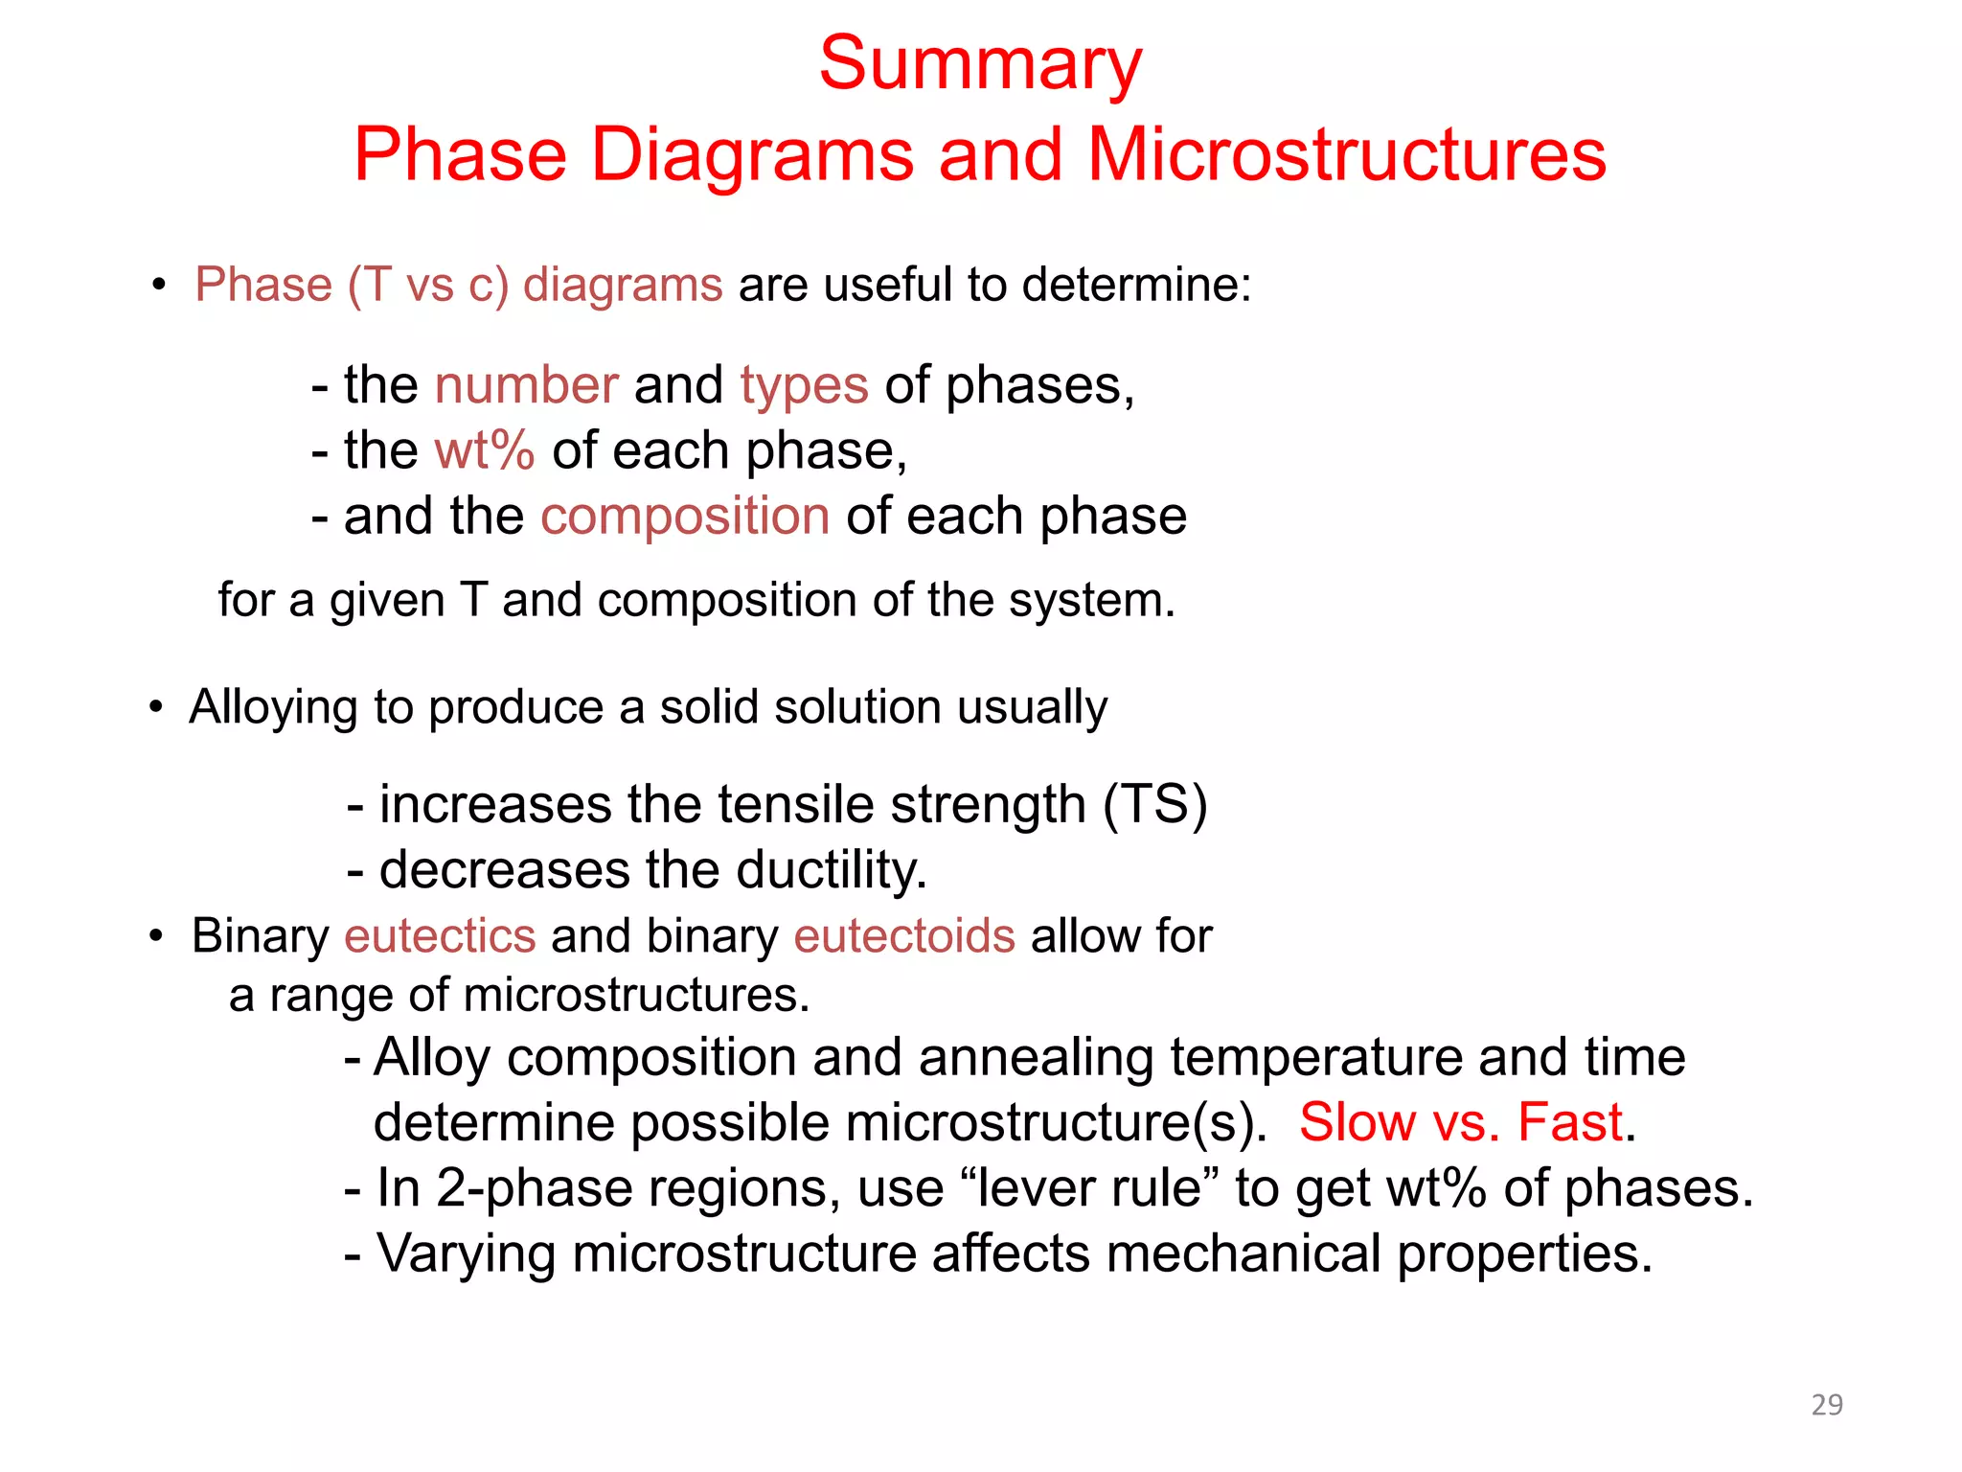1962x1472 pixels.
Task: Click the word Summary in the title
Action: tap(980, 64)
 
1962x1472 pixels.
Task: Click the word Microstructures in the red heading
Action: tap(1347, 155)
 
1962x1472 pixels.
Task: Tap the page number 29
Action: tap(1827, 1404)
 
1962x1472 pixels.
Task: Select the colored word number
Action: tap(526, 385)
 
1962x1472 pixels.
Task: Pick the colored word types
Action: tap(804, 387)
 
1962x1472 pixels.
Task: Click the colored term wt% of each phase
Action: tap(484, 450)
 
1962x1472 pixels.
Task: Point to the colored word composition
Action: tap(685, 517)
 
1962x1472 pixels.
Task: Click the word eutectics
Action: tap(440, 935)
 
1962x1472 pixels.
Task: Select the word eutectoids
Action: tap(904, 935)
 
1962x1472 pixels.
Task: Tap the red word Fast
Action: tap(1570, 1122)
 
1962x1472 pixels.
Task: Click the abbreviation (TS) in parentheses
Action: tap(1154, 804)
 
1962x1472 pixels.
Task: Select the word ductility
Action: tap(831, 870)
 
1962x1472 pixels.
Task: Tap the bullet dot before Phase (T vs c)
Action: tap(159, 286)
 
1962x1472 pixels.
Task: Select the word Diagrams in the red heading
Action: tap(752, 155)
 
